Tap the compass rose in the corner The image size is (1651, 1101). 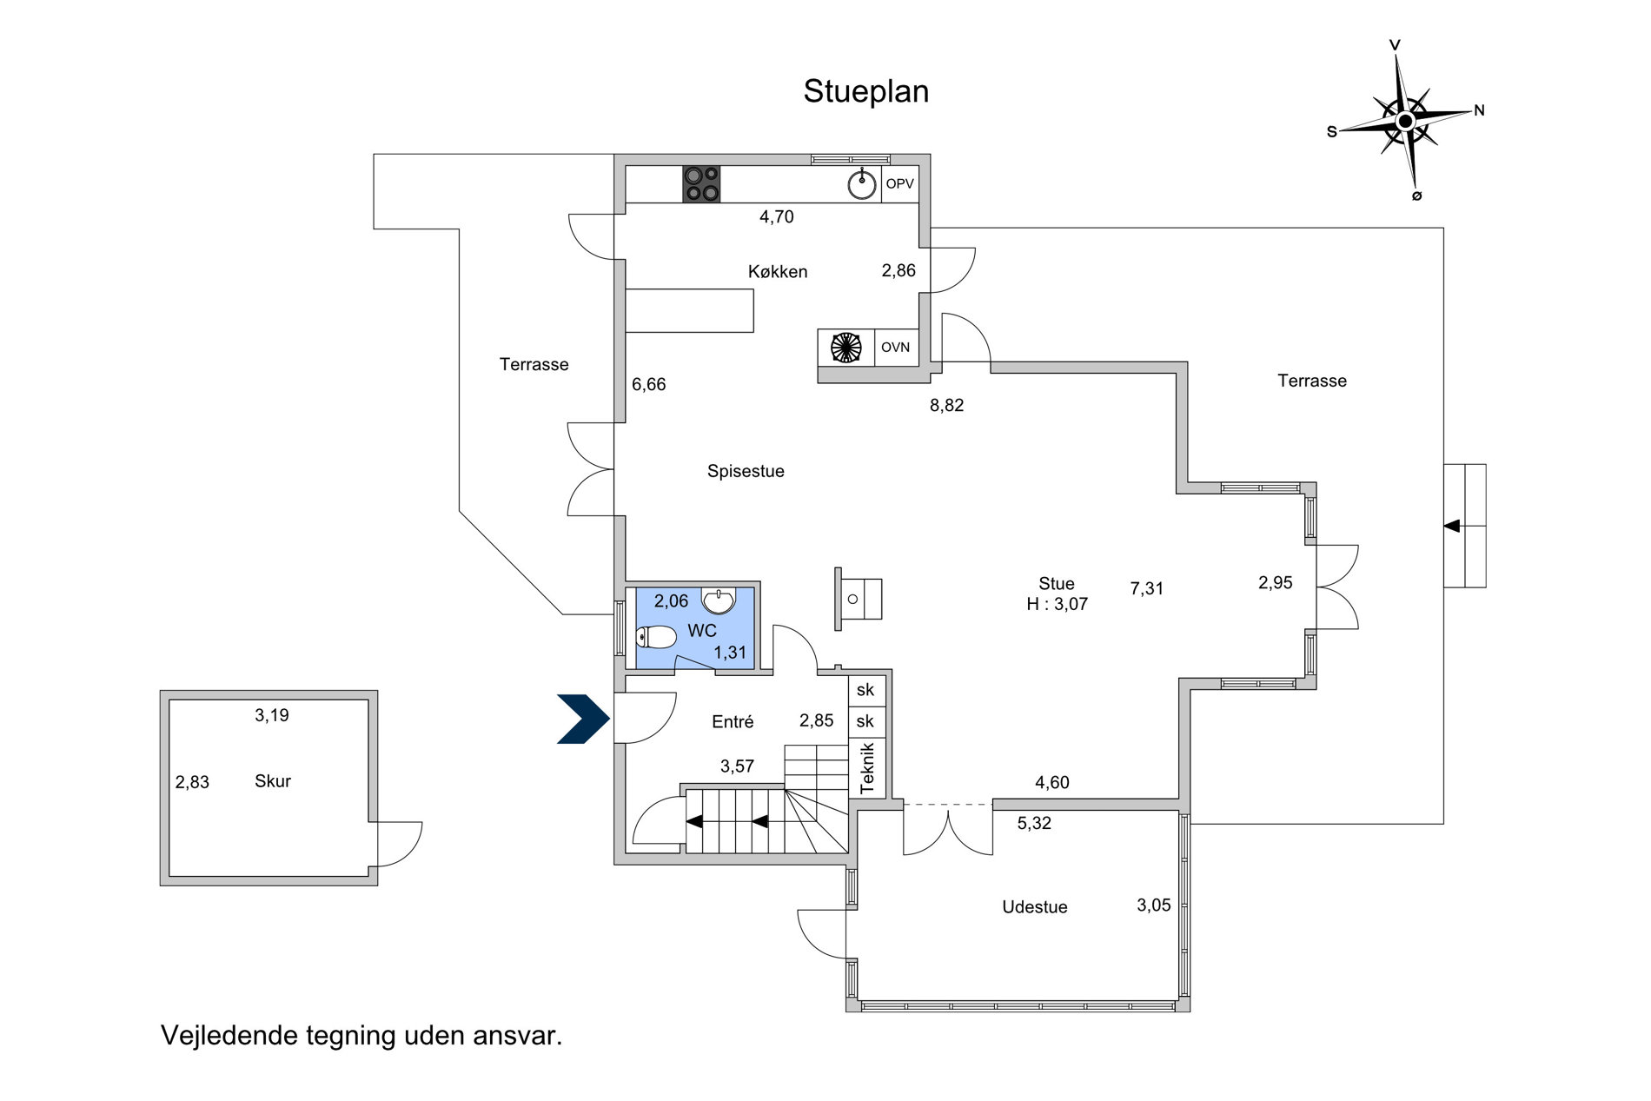[1405, 121]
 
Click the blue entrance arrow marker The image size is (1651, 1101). [583, 720]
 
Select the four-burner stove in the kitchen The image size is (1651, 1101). [701, 184]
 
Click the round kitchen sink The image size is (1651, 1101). [862, 183]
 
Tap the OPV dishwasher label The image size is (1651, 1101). [899, 184]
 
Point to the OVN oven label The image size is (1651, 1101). [895, 348]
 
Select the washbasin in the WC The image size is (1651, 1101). [718, 600]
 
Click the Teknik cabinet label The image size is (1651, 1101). [866, 767]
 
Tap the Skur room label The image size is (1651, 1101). [273, 781]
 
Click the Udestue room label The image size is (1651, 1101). [1034, 907]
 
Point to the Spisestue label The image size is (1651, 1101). [746, 472]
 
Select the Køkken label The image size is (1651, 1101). [778, 272]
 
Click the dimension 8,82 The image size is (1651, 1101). [946, 406]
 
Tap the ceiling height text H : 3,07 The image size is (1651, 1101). [1057, 605]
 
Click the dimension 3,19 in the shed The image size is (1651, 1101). [271, 716]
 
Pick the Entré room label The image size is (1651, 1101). [733, 722]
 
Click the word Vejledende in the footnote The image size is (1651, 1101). [229, 1036]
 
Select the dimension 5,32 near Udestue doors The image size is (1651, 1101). [1034, 824]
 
